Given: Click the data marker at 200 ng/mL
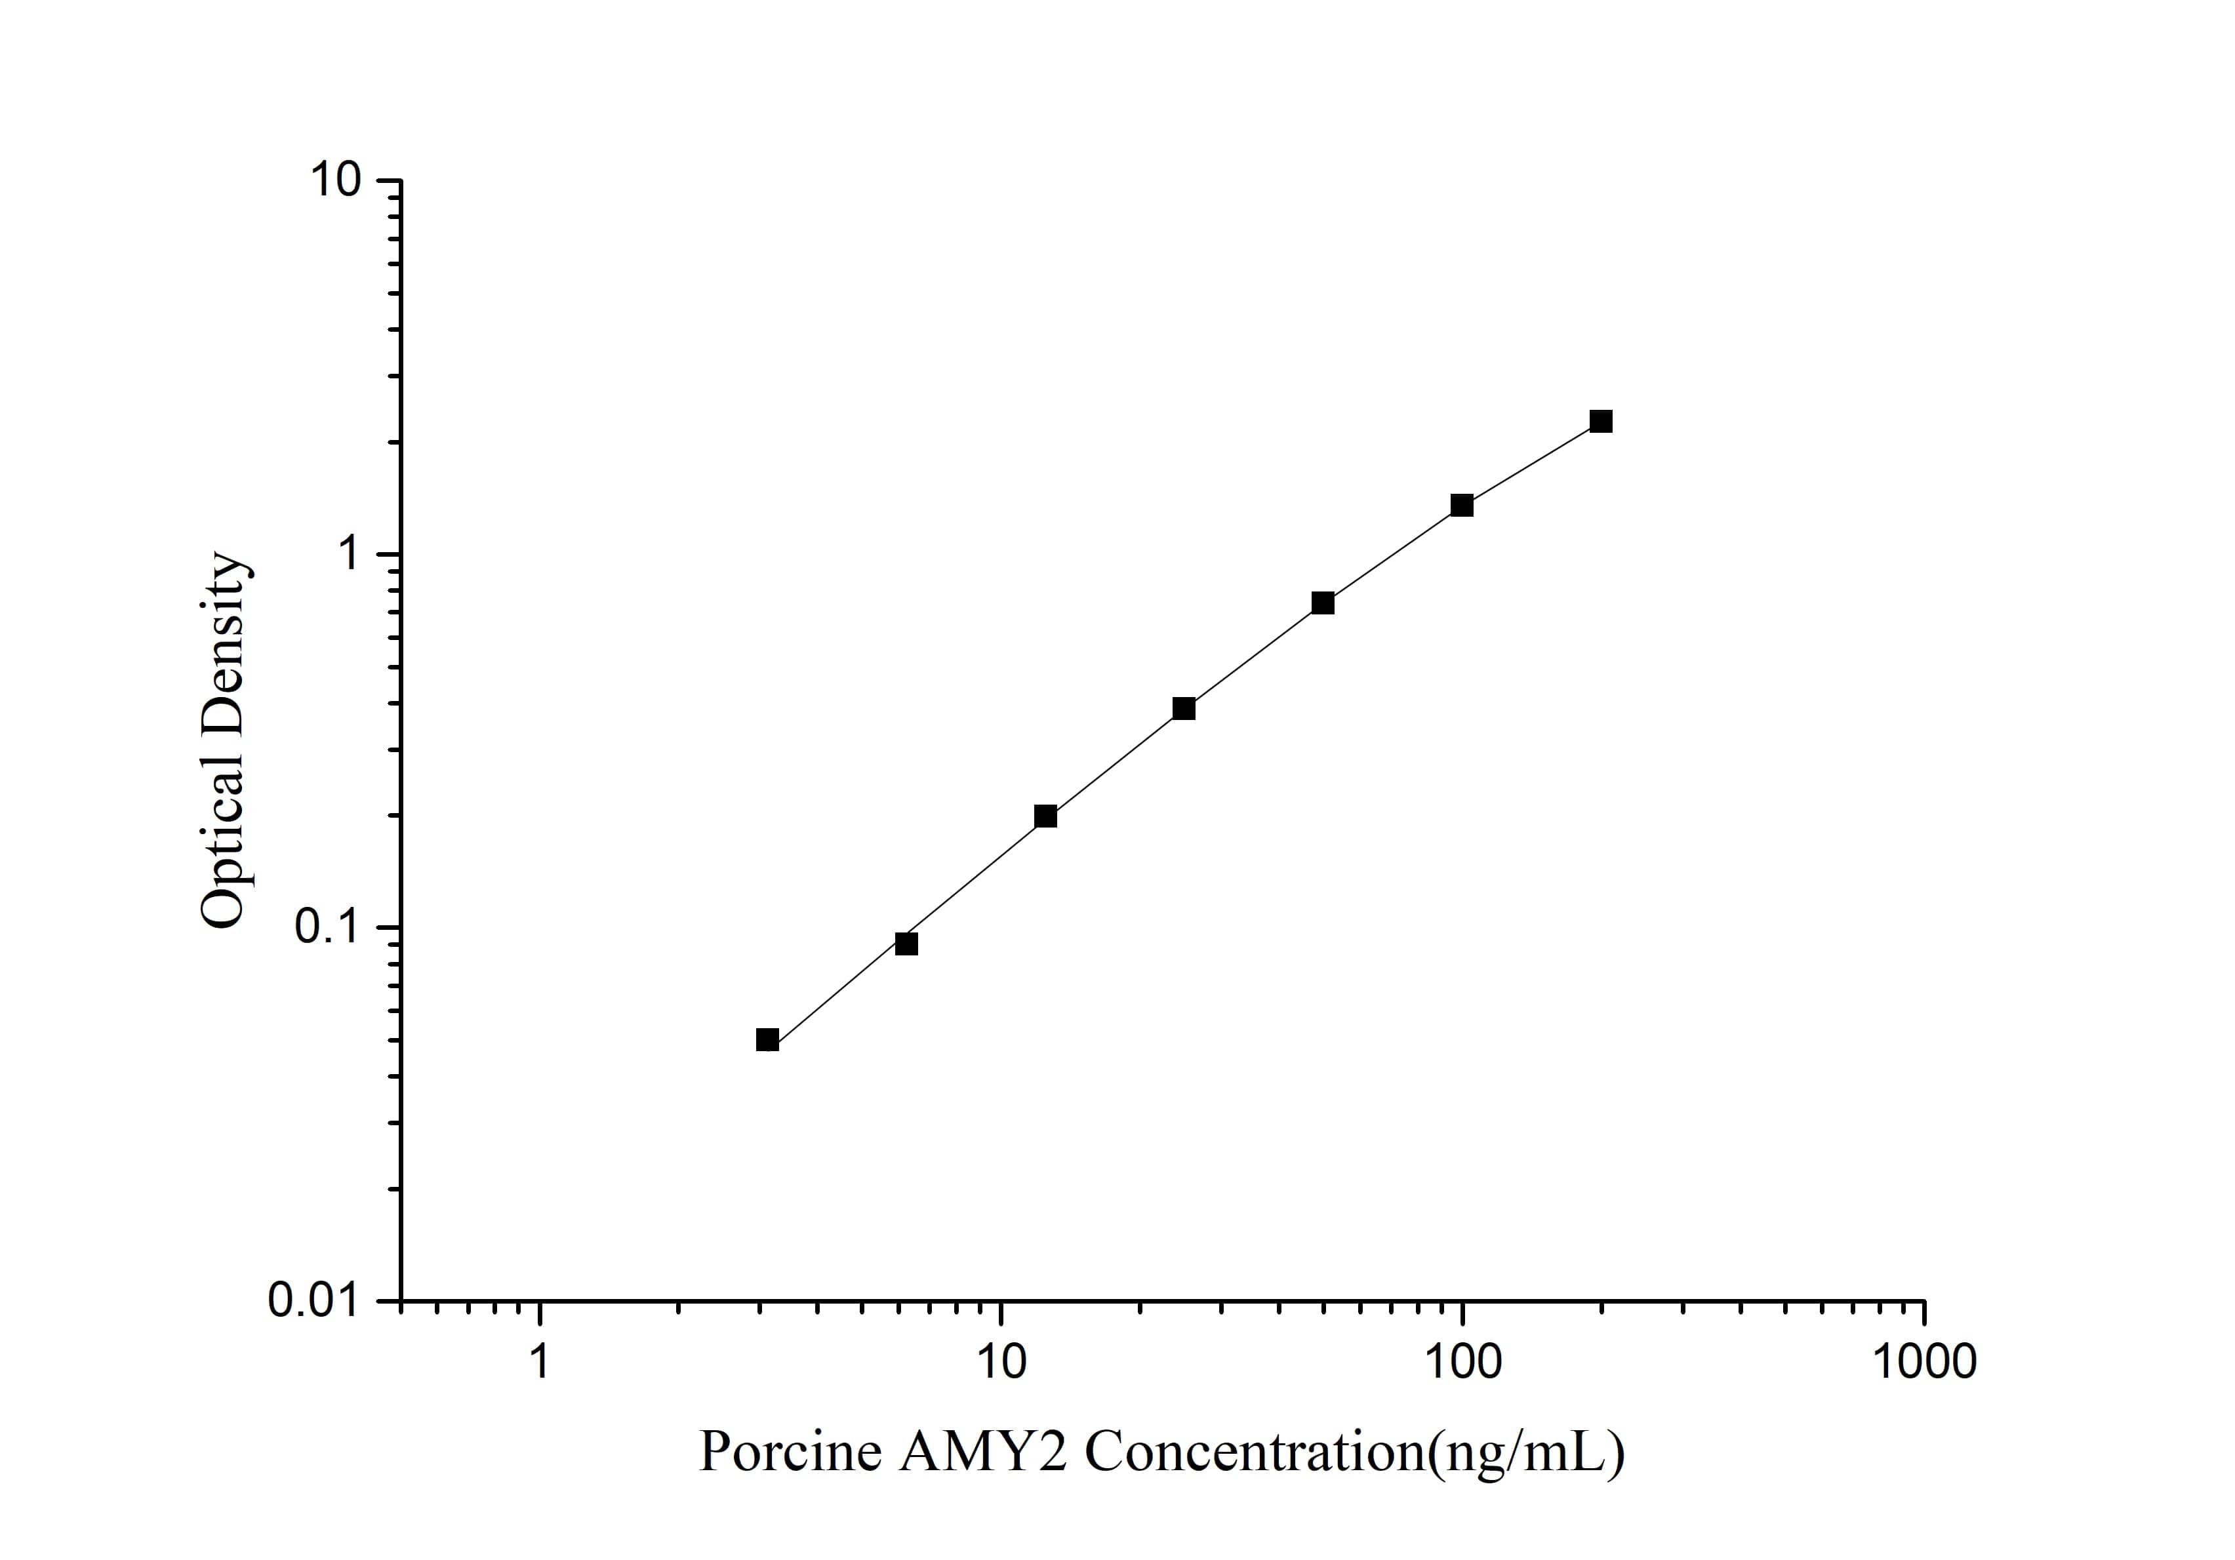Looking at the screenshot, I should click(1600, 422).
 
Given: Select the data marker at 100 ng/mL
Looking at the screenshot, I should click(1461, 505).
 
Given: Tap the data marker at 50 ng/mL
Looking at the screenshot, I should click(1322, 603).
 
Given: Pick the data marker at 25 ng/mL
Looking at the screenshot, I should click(1184, 708).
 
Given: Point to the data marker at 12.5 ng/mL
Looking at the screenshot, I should click(1045, 816).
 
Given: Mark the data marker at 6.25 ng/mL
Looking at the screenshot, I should click(906, 943).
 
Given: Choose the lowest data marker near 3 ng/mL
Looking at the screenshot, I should click(767, 1039).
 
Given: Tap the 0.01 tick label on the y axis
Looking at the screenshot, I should click(312, 1301).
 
